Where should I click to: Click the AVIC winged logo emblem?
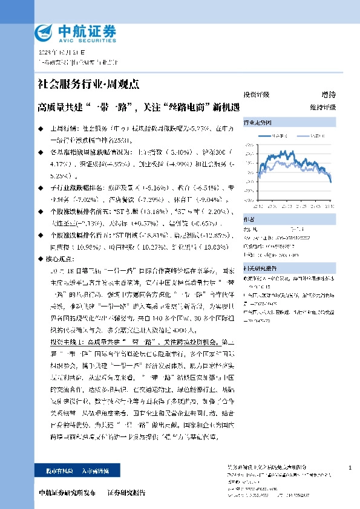[46, 32]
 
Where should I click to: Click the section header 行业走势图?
[255, 122]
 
